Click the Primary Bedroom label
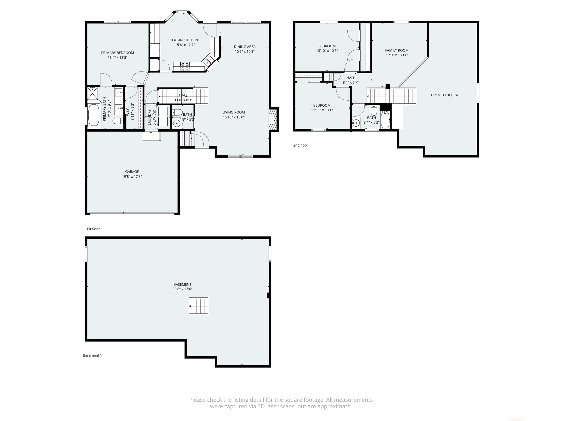pos(117,53)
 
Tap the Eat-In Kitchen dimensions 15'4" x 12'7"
pos(185,45)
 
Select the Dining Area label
pos(245,47)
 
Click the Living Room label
pos(233,112)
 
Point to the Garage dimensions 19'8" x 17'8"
pos(132,177)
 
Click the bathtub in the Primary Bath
pos(94,115)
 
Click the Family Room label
pos(397,50)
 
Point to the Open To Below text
pos(444,95)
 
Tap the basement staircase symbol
pos(198,306)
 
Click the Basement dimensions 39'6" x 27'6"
pos(182,289)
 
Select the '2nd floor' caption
pos(300,145)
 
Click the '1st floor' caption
pos(93,229)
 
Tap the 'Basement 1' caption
pos(92,355)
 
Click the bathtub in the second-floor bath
pos(385,120)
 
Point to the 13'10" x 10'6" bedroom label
pos(327,46)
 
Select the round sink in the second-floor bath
pos(356,123)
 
